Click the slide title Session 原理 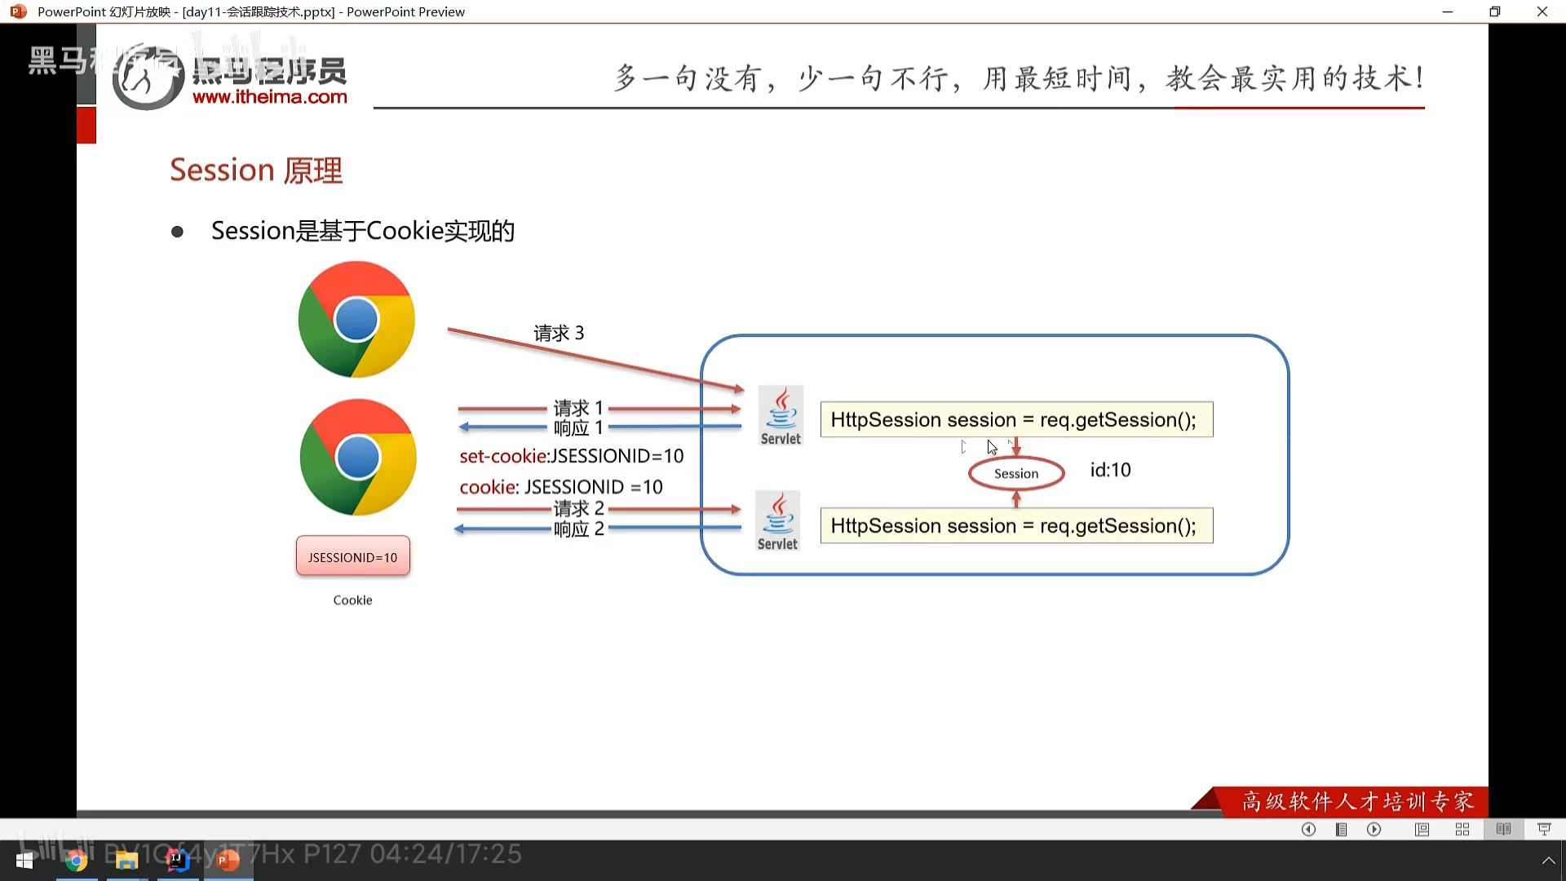[256, 170]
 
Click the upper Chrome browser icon [356, 319]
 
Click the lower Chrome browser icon [358, 457]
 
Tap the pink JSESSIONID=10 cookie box [352, 556]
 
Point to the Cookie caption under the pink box [352, 600]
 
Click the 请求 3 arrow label [559, 333]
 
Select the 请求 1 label [577, 407]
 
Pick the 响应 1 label [577, 427]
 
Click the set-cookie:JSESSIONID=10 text [571, 456]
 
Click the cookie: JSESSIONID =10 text [560, 487]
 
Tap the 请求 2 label [578, 508]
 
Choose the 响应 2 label [578, 529]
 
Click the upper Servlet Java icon [781, 415]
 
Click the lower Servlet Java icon [777, 520]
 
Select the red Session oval [1015, 473]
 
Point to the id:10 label [1110, 470]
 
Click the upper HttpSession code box [1015, 419]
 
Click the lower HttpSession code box [1015, 525]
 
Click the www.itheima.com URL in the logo [269, 97]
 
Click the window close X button [1542, 11]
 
